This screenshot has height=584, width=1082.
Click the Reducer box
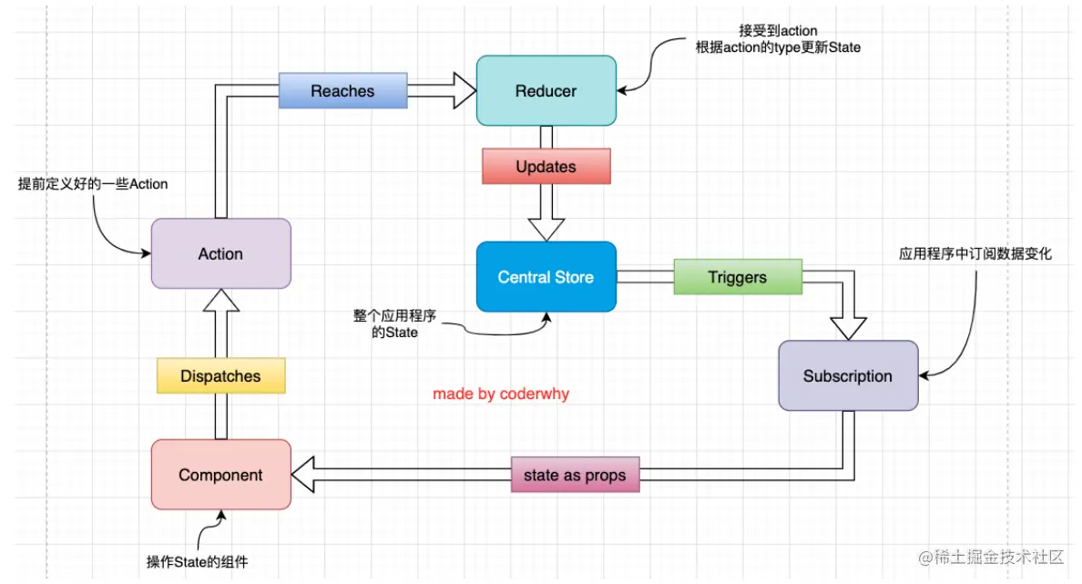(x=546, y=90)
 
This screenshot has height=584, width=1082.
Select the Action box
(x=220, y=253)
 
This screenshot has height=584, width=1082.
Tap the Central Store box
(x=546, y=277)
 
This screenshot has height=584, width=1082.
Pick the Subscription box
(x=847, y=375)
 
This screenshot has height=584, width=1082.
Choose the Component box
(x=220, y=475)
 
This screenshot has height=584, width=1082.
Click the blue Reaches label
(x=342, y=91)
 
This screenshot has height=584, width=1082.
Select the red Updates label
(x=546, y=167)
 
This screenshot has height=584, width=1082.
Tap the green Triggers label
(x=737, y=277)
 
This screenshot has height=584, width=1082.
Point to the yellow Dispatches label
(x=220, y=375)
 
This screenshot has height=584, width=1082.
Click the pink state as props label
(x=575, y=475)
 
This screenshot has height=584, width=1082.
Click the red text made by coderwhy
(x=501, y=394)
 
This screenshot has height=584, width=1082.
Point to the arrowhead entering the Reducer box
(x=464, y=90)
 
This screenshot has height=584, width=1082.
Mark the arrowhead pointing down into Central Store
(x=546, y=229)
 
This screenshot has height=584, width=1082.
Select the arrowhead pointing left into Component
(x=305, y=475)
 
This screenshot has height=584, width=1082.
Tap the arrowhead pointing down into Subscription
(x=847, y=327)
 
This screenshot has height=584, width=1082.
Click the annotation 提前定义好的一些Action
(x=94, y=184)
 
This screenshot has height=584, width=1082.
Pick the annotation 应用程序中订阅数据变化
(x=975, y=254)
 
